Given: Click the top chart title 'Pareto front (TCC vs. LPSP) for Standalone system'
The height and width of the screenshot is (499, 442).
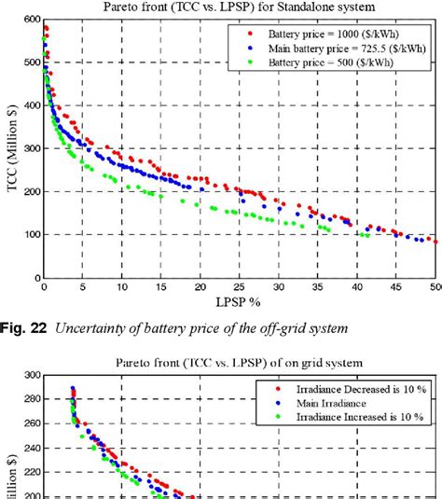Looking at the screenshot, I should coord(240,7).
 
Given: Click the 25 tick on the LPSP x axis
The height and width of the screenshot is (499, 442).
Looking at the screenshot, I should coord(241,288).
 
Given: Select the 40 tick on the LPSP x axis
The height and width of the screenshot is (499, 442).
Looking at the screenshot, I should coord(359,288).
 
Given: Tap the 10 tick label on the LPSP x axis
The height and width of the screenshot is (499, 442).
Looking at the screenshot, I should coord(122,288).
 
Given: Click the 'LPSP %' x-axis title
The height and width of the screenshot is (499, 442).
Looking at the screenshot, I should coord(240,302).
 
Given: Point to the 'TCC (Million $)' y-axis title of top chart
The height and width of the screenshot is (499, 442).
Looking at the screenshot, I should coord(11,149).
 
